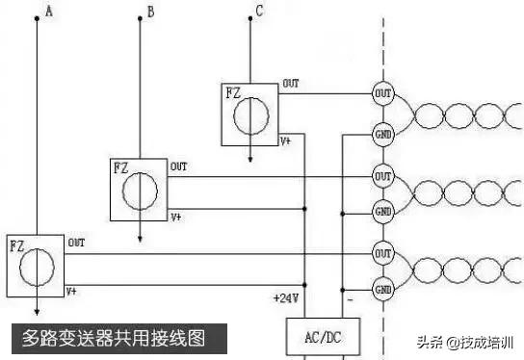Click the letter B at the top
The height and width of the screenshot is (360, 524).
tap(149, 12)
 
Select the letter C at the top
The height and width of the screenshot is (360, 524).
tap(259, 12)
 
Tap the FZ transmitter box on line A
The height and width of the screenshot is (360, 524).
tap(36, 265)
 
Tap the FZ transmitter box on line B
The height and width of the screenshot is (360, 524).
tap(140, 189)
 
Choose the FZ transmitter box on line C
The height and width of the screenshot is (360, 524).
tap(250, 114)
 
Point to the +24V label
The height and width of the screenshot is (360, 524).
tap(287, 299)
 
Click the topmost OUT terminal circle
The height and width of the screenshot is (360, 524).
tap(382, 93)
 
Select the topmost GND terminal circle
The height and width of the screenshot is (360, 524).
tap(382, 134)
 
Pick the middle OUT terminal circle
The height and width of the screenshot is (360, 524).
tap(382, 176)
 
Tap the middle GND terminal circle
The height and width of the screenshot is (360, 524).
tap(382, 211)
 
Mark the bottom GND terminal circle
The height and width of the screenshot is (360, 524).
tap(382, 288)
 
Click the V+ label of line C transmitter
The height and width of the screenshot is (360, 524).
tap(286, 141)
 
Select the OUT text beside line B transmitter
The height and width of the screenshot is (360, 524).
tap(179, 167)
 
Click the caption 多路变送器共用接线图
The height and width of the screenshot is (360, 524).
tap(114, 338)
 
